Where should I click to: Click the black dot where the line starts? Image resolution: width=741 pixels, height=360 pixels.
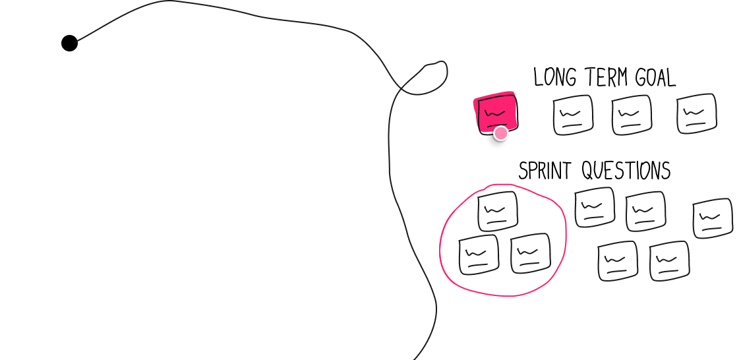click(69, 43)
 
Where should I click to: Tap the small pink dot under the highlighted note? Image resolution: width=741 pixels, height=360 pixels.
click(500, 133)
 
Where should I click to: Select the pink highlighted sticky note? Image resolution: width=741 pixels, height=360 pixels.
click(496, 113)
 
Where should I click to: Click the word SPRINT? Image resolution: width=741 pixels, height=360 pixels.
click(545, 170)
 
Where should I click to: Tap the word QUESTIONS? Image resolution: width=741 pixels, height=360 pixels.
click(626, 171)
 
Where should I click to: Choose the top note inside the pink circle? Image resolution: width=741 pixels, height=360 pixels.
click(498, 211)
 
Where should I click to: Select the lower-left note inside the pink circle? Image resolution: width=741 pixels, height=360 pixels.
click(479, 254)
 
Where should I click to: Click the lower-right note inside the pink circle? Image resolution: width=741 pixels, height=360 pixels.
click(531, 253)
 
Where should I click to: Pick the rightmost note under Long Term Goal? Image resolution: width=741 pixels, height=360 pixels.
click(697, 113)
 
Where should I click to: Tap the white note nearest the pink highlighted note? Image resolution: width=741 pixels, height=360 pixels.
click(573, 115)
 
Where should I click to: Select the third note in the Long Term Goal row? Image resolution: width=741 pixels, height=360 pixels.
click(632, 115)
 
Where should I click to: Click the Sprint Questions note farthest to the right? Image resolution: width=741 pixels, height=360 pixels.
click(713, 218)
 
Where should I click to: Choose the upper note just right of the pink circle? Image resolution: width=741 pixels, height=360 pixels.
click(595, 207)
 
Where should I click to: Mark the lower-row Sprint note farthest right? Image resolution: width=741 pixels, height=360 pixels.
click(670, 261)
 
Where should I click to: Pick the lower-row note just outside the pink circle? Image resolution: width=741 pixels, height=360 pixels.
click(618, 261)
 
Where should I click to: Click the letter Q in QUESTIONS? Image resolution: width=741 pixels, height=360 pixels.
click(587, 171)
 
